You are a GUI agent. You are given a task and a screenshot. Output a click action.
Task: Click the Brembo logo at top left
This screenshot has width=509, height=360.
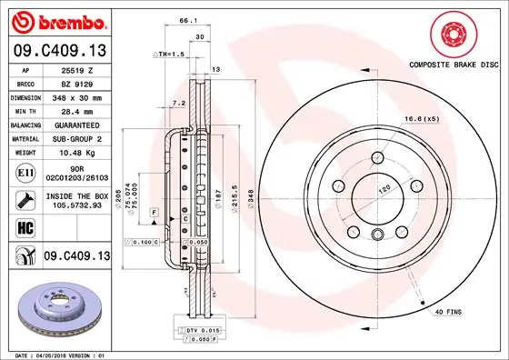coord(56,20)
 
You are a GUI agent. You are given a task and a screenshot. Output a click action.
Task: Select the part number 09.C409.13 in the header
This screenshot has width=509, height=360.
coord(56,49)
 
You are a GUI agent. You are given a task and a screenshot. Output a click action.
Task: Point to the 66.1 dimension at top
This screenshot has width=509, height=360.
coord(188,19)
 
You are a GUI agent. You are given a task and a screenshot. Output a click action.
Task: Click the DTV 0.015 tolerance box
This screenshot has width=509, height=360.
coord(185,328)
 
